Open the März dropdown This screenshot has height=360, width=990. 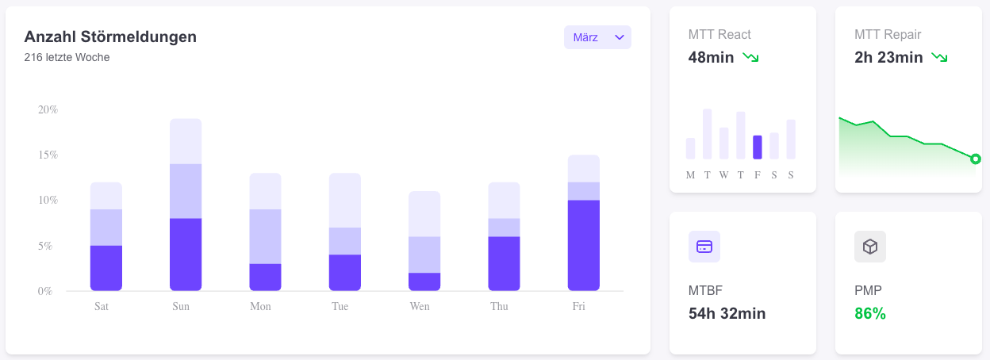(x=597, y=37)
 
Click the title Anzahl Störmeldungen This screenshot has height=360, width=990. (x=110, y=36)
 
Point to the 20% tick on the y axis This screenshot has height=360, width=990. (x=48, y=109)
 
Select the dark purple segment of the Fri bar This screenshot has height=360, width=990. (x=583, y=245)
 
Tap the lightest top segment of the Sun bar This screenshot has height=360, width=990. (x=186, y=141)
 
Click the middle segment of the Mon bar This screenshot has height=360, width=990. (x=265, y=236)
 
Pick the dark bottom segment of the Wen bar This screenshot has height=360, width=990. (x=424, y=281)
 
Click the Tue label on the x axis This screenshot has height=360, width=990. (x=340, y=306)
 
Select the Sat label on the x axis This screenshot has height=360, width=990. (x=102, y=306)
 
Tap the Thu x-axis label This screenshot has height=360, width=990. (x=499, y=306)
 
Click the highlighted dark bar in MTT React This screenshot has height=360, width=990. (x=757, y=147)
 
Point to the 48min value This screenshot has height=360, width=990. (x=711, y=57)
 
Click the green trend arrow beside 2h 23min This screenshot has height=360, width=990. (x=939, y=57)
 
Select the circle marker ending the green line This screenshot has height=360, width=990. (x=976, y=159)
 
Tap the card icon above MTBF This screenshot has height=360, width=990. (x=704, y=247)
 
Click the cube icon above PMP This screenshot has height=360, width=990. (x=869, y=247)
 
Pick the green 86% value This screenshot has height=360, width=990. (x=869, y=313)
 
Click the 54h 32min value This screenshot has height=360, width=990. (x=727, y=313)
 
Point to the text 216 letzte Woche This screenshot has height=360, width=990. (x=67, y=57)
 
